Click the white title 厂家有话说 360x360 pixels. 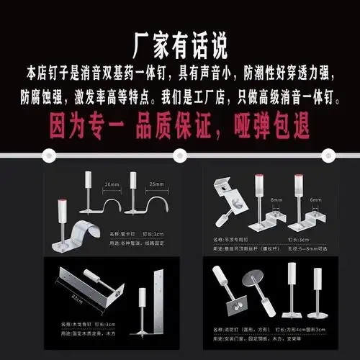tap(180, 45)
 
